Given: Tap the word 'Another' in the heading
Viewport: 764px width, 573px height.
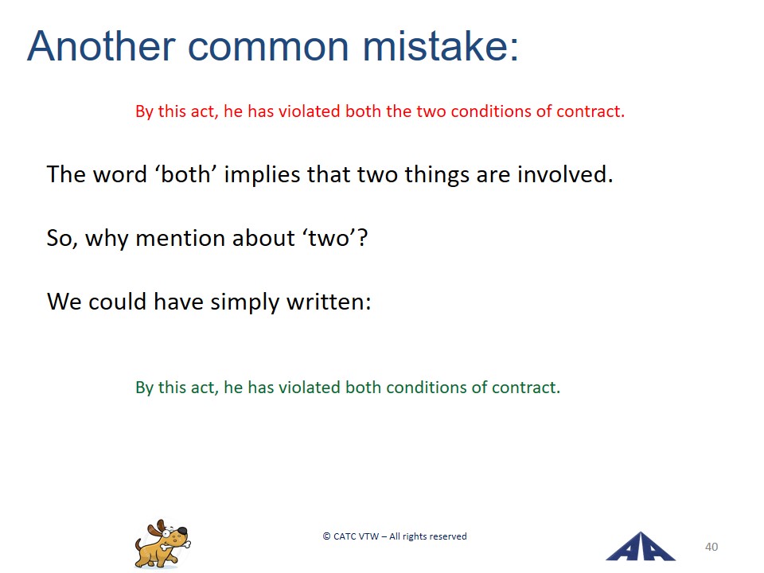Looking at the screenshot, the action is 101,46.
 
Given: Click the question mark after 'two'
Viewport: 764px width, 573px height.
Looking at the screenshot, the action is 362,238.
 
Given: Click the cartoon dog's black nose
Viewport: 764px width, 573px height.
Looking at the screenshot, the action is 181,530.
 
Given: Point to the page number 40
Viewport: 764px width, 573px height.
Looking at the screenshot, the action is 711,547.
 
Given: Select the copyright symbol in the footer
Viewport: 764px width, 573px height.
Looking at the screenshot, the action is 326,536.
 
